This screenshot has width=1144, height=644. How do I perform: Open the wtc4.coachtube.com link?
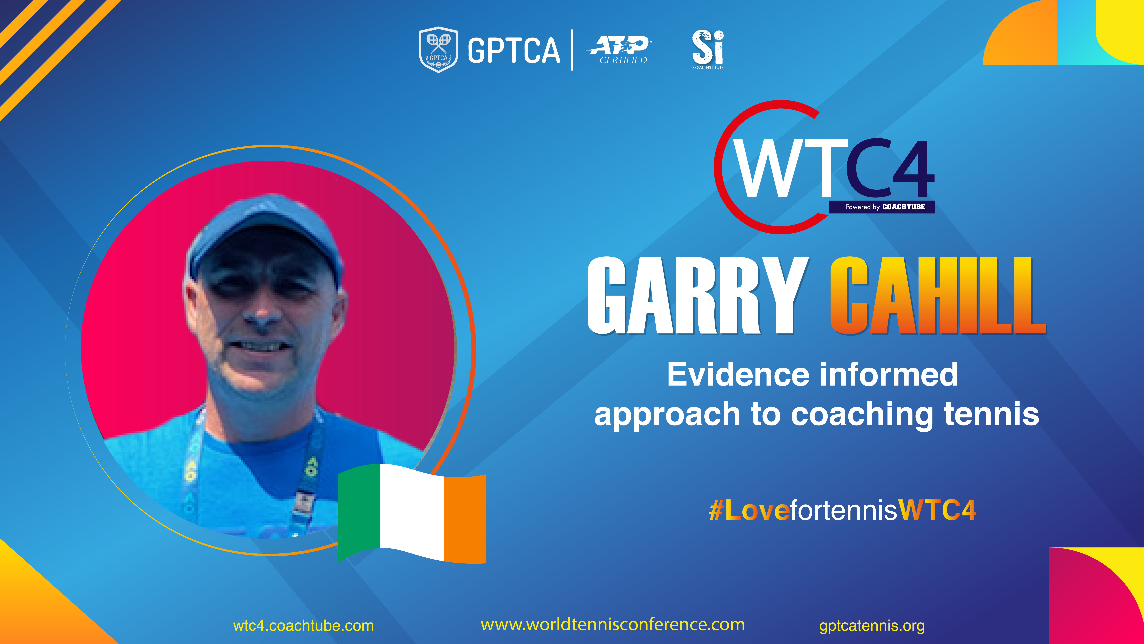[x=303, y=626]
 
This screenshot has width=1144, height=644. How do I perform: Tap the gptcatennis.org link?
[x=872, y=626]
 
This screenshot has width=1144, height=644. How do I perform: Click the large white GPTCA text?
[x=514, y=50]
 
